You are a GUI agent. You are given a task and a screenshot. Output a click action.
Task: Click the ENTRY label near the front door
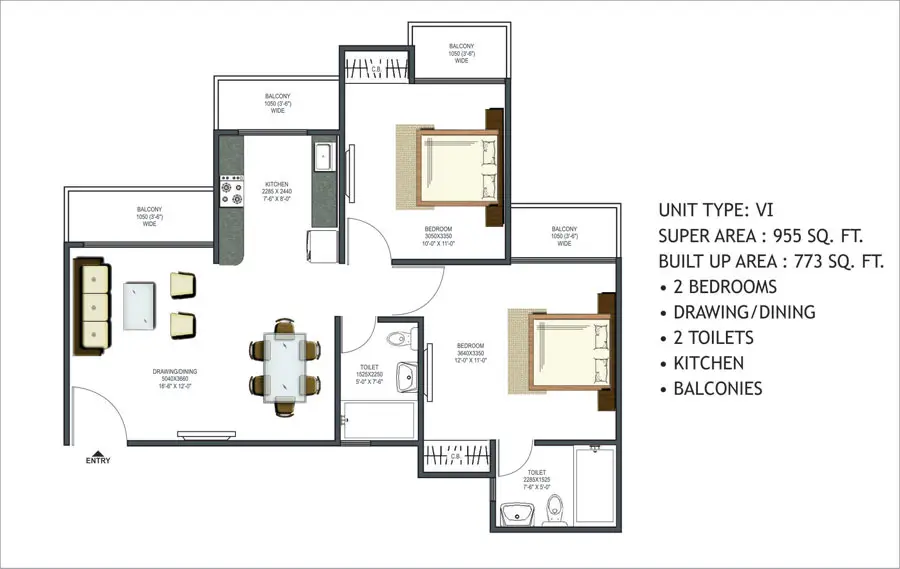pos(98,461)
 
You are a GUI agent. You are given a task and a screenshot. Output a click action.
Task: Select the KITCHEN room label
pos(277,185)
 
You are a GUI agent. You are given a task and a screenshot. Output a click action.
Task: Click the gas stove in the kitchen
pos(232,190)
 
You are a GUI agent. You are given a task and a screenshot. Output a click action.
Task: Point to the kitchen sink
pos(324,158)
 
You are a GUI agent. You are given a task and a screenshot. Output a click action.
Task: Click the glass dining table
pos(285,365)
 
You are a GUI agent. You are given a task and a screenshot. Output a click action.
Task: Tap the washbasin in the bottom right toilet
pos(518,516)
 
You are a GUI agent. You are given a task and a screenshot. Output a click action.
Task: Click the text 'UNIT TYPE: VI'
pos(716,210)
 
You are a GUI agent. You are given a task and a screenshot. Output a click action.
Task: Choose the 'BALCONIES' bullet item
pos(717,389)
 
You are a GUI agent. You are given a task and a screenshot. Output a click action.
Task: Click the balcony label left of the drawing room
pos(149,215)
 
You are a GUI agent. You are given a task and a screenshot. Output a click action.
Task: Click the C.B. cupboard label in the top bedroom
pos(376,70)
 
